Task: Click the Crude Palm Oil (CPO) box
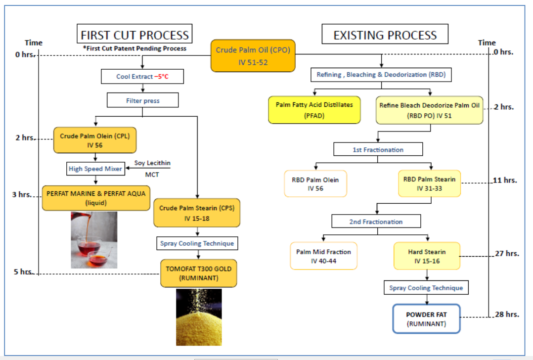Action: [253, 55]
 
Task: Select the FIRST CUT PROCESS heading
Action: [134, 35]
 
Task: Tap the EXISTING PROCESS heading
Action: [385, 35]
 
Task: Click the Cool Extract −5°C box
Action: [142, 77]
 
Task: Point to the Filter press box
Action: [142, 100]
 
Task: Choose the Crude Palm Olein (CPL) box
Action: [94, 140]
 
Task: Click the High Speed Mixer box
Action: [96, 169]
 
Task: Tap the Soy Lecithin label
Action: [152, 163]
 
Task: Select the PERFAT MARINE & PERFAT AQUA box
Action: [96, 198]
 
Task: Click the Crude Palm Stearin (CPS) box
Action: [196, 213]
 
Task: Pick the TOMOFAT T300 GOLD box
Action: [198, 273]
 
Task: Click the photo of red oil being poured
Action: [94, 240]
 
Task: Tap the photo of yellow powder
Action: [199, 317]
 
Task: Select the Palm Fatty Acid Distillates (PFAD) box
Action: [314, 110]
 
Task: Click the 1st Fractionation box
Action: [378, 149]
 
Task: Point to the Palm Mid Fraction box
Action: [323, 256]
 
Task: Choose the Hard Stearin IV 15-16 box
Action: [426, 256]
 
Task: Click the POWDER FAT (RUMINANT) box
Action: [426, 319]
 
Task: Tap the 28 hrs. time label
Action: [506, 315]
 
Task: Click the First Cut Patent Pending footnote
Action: [134, 48]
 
